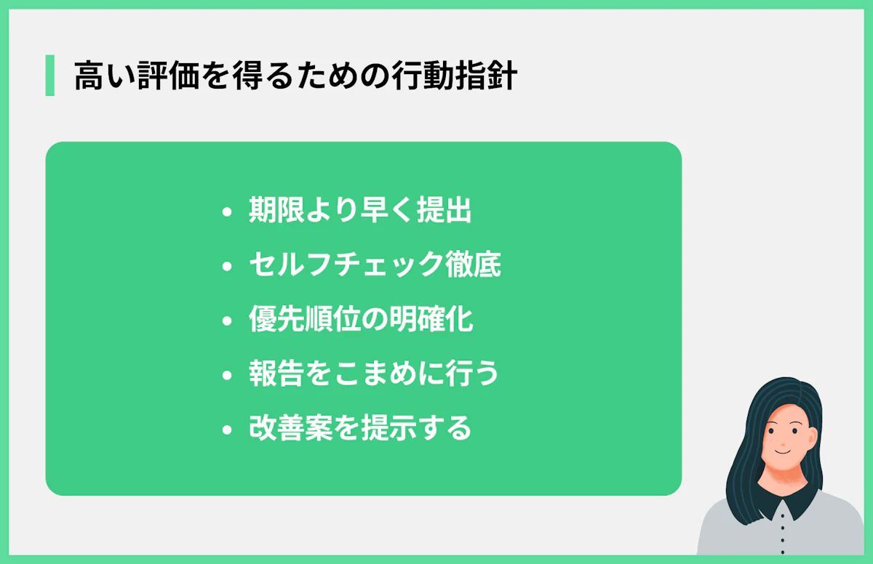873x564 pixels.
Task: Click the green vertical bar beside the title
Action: pos(49,76)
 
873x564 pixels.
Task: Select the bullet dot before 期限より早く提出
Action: pos(227,212)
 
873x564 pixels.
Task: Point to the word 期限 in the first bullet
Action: pos(272,211)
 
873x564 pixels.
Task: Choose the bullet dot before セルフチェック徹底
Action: pos(227,267)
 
